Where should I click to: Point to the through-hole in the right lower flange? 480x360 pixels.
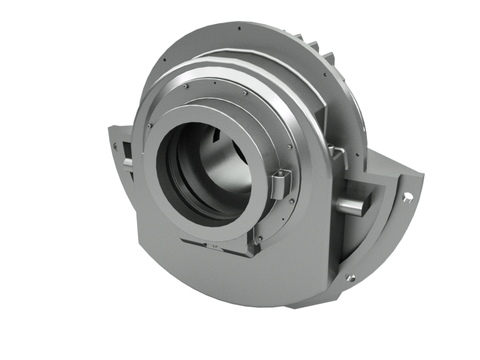409,197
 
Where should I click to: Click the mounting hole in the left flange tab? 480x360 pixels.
116,145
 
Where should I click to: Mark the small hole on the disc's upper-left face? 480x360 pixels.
164,59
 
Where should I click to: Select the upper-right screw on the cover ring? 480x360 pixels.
244,91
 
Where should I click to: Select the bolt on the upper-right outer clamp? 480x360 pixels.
338,149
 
